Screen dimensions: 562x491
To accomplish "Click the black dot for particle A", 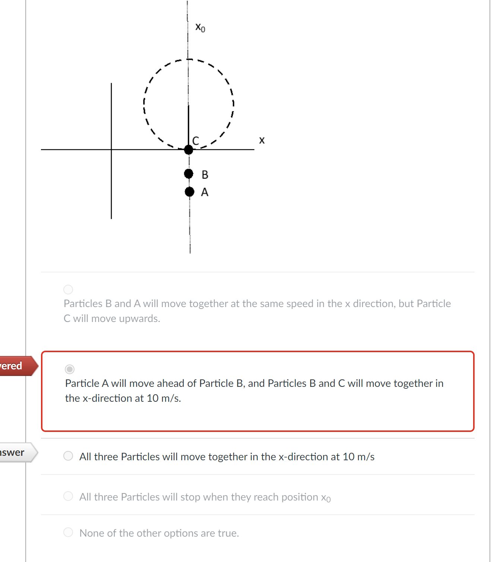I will pyautogui.click(x=189, y=192).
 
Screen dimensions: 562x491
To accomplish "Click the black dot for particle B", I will pyautogui.click(x=189, y=174).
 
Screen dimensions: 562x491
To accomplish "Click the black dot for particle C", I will pyautogui.click(x=189, y=150).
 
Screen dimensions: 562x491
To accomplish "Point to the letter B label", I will pyautogui.click(x=205, y=174).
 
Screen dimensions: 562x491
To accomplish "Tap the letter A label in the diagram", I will pyautogui.click(x=205, y=192).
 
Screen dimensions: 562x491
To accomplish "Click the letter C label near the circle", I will pyautogui.click(x=196, y=140).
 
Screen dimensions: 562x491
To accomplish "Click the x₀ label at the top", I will pyautogui.click(x=200, y=28).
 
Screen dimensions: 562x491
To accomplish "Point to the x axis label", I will pyautogui.click(x=262, y=140).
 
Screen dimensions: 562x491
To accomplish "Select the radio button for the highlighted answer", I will pyautogui.click(x=70, y=369).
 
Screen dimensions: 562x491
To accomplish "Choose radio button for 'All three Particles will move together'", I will pyautogui.click(x=68, y=456).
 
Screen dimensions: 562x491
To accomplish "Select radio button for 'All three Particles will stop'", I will pyautogui.click(x=68, y=496).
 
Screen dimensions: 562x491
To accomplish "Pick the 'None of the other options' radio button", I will pyautogui.click(x=68, y=532).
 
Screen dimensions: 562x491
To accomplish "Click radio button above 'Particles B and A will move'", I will pyautogui.click(x=68, y=289).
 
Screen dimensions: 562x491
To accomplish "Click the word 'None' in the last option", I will pyautogui.click(x=92, y=533).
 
